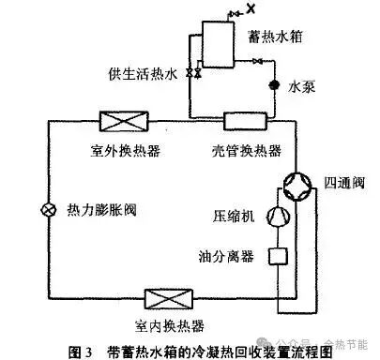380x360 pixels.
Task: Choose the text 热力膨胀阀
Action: pyautogui.click(x=102, y=208)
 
